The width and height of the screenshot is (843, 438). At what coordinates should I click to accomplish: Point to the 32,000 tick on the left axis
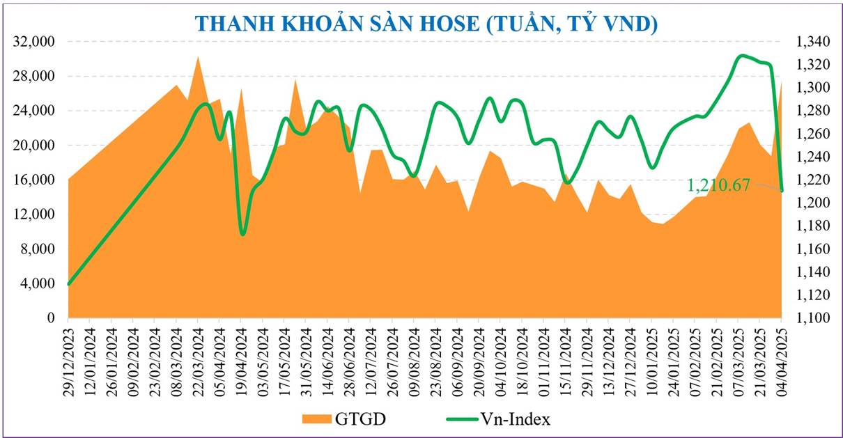pyautogui.click(x=34, y=42)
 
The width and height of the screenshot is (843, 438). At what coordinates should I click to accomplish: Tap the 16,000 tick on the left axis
pyautogui.click(x=34, y=180)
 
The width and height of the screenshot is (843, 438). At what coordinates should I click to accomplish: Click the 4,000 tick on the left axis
pyautogui.click(x=37, y=283)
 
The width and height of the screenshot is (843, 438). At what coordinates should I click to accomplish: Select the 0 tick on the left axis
pyautogui.click(x=50, y=318)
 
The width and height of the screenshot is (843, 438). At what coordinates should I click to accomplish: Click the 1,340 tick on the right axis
pyautogui.click(x=810, y=42)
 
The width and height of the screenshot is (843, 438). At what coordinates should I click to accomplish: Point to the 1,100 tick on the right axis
pyautogui.click(x=810, y=318)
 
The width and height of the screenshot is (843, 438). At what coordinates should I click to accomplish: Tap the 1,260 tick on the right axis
pyautogui.click(x=810, y=134)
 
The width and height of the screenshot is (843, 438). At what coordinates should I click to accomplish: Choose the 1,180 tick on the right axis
pyautogui.click(x=810, y=226)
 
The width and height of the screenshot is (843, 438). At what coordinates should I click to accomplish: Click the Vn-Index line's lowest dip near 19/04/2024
pyautogui.click(x=242, y=234)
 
